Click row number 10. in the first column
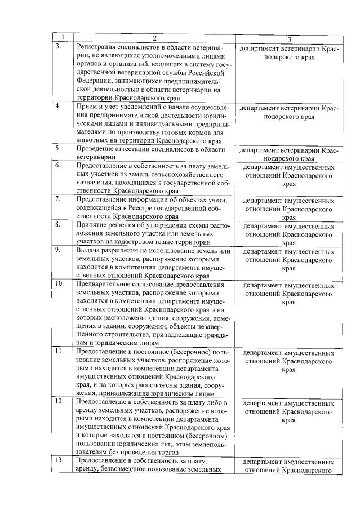[x=59, y=283]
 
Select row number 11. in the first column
[x=59, y=351]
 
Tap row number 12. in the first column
[x=59, y=402]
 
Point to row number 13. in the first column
[x=59, y=460]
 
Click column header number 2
[x=153, y=38]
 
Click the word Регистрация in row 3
[x=97, y=47]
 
